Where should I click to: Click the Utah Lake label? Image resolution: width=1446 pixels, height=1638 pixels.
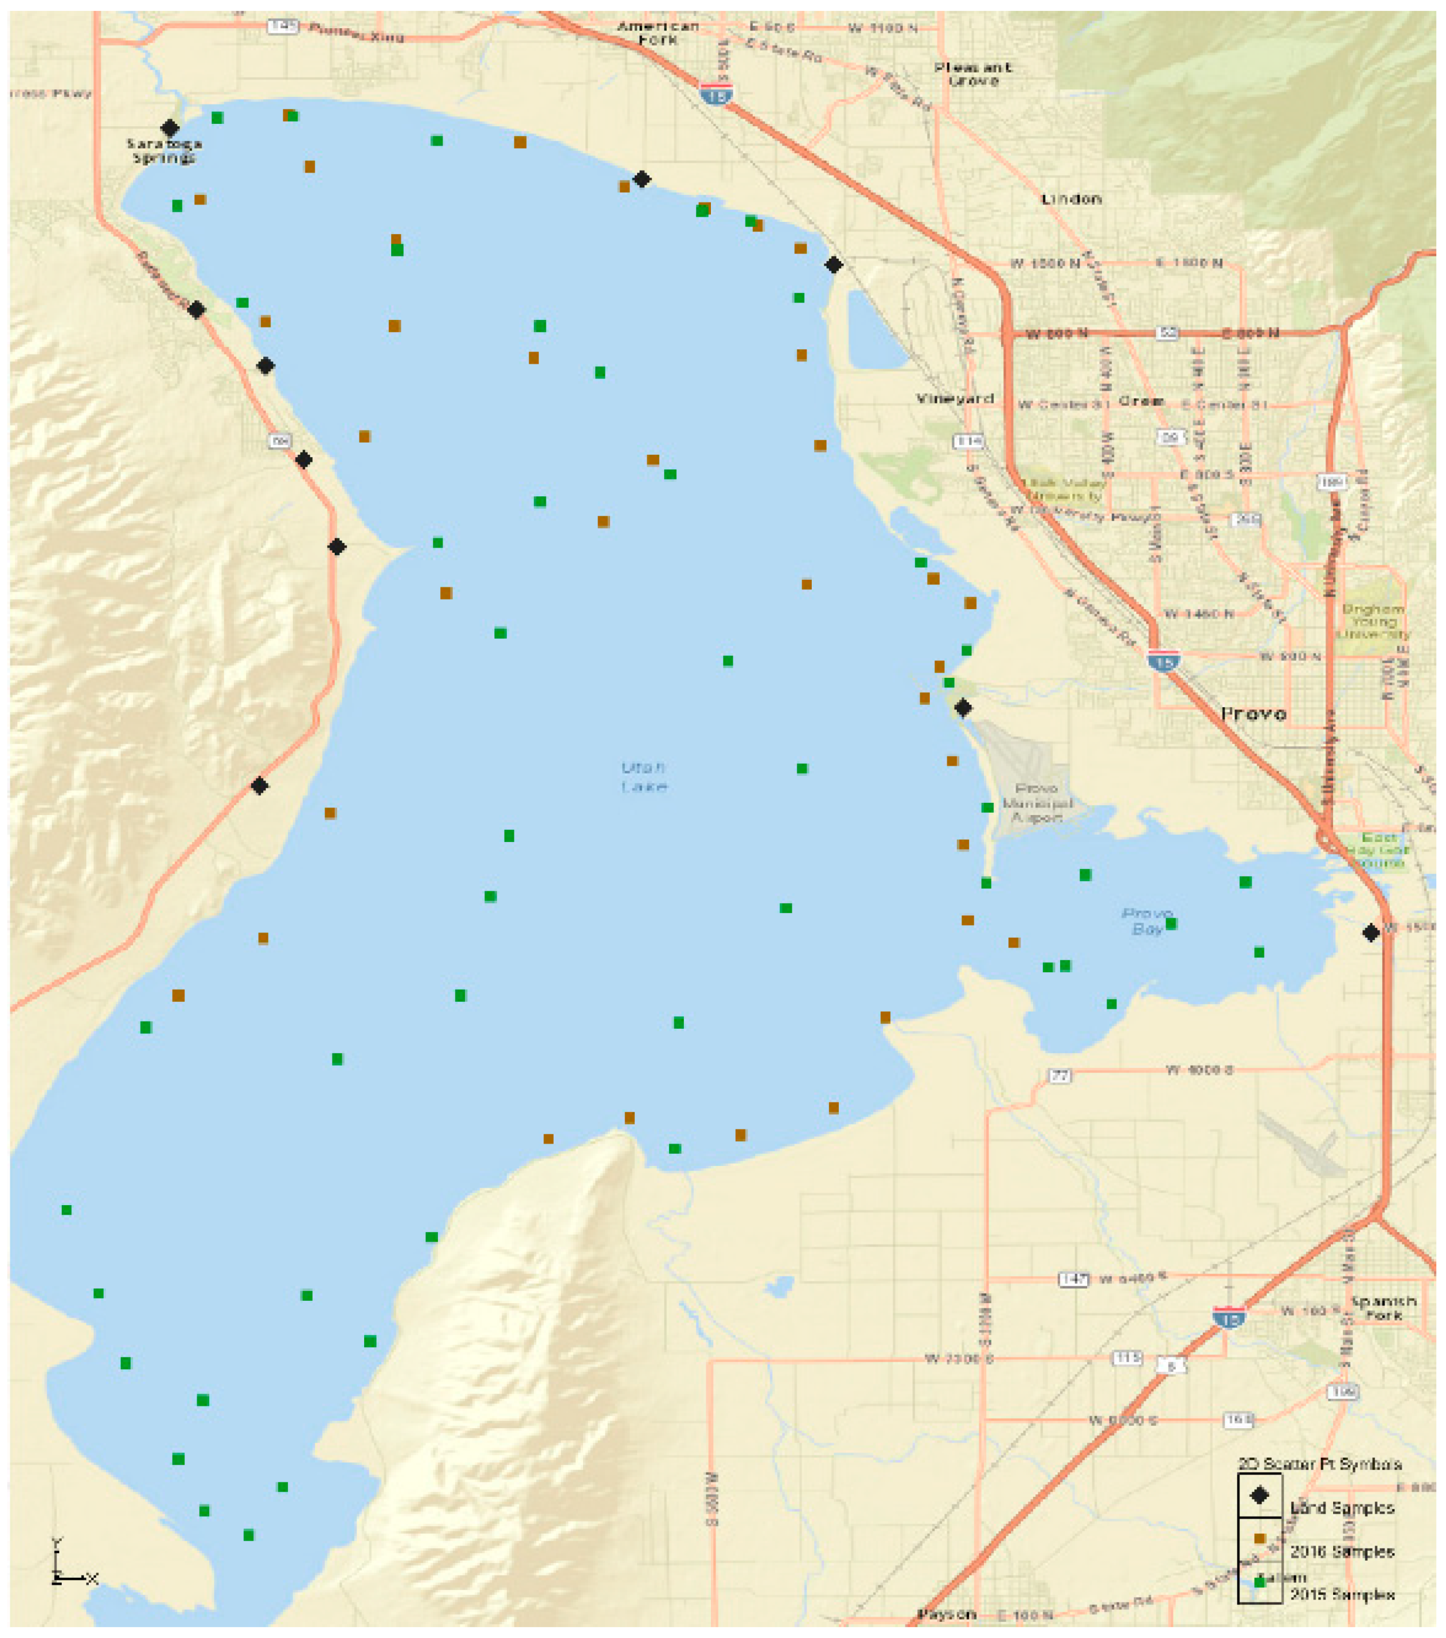(643, 776)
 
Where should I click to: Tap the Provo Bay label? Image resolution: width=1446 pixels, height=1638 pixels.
(1147, 921)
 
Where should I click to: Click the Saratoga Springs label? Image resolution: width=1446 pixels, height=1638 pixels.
(164, 150)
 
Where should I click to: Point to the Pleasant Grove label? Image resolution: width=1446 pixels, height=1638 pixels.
(972, 74)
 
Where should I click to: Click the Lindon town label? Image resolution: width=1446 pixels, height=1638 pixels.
(1071, 199)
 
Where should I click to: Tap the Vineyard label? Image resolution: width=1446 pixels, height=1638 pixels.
(955, 398)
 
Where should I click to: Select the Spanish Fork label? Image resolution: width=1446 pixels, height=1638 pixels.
(1384, 1308)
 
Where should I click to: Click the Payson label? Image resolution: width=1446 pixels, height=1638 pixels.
(947, 1613)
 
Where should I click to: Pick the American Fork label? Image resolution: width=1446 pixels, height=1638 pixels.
(657, 32)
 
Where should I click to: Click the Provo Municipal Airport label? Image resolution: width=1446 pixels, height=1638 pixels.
(1036, 802)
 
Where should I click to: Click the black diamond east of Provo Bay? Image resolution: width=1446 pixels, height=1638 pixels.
(1371, 933)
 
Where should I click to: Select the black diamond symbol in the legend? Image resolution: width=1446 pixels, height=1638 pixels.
(1259, 1496)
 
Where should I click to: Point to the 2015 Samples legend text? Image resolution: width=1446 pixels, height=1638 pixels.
(1342, 1595)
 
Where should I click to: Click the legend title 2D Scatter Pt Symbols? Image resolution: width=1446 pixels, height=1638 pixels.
(1319, 1464)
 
